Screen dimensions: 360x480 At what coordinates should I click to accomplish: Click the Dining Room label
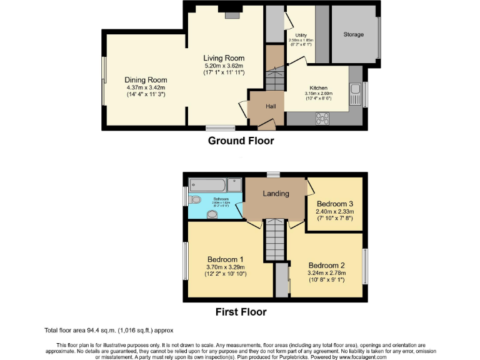[x=146, y=80]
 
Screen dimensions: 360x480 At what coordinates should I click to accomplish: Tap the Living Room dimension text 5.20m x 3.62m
[x=223, y=66]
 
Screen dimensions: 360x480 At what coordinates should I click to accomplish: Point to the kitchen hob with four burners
[x=324, y=117]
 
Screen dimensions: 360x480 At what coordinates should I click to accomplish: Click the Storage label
[x=353, y=34]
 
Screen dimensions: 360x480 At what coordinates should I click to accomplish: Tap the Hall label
[x=271, y=106]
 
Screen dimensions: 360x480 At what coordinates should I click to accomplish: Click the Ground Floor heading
[x=241, y=141]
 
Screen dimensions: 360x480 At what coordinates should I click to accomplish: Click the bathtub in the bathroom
[x=207, y=186]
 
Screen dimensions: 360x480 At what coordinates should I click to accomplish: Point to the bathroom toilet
[x=196, y=201]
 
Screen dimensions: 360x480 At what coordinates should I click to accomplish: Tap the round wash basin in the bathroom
[x=212, y=214]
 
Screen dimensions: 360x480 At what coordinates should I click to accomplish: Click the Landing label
[x=276, y=193]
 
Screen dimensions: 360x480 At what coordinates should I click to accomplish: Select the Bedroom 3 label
[x=334, y=204]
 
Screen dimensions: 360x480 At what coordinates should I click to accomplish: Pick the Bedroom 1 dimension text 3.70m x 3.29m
[x=225, y=267]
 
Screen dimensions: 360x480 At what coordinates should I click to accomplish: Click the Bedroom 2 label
[x=326, y=264]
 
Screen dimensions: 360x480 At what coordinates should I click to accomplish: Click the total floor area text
[x=108, y=329]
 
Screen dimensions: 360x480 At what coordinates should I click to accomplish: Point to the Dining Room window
[x=104, y=81]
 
